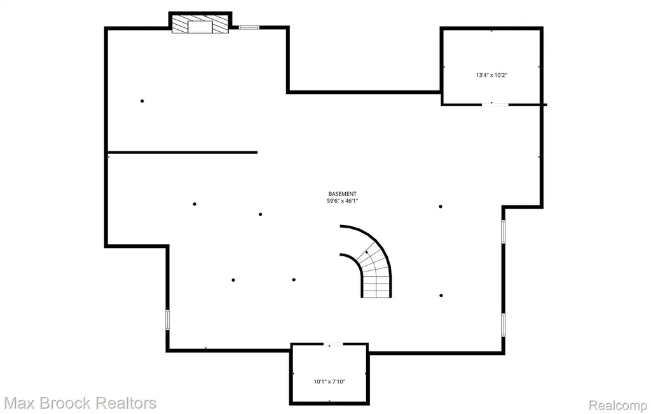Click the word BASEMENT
click(x=342, y=194)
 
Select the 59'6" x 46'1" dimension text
click(x=342, y=201)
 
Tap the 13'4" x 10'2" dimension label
click(x=491, y=75)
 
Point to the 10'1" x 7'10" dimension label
click(x=329, y=382)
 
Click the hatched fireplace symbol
click(x=200, y=24)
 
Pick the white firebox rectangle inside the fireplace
click(x=200, y=27)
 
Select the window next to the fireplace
click(x=249, y=27)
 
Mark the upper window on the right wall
click(x=504, y=231)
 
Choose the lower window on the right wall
click(x=504, y=325)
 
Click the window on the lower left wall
click(x=168, y=320)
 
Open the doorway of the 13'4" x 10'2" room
click(x=495, y=105)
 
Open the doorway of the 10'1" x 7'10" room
click(x=333, y=344)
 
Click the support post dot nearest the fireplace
click(x=142, y=101)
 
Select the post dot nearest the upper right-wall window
click(x=441, y=207)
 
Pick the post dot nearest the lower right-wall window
click(x=441, y=296)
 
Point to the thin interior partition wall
click(x=182, y=153)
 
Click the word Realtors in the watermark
click(x=125, y=403)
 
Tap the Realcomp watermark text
click(x=618, y=405)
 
